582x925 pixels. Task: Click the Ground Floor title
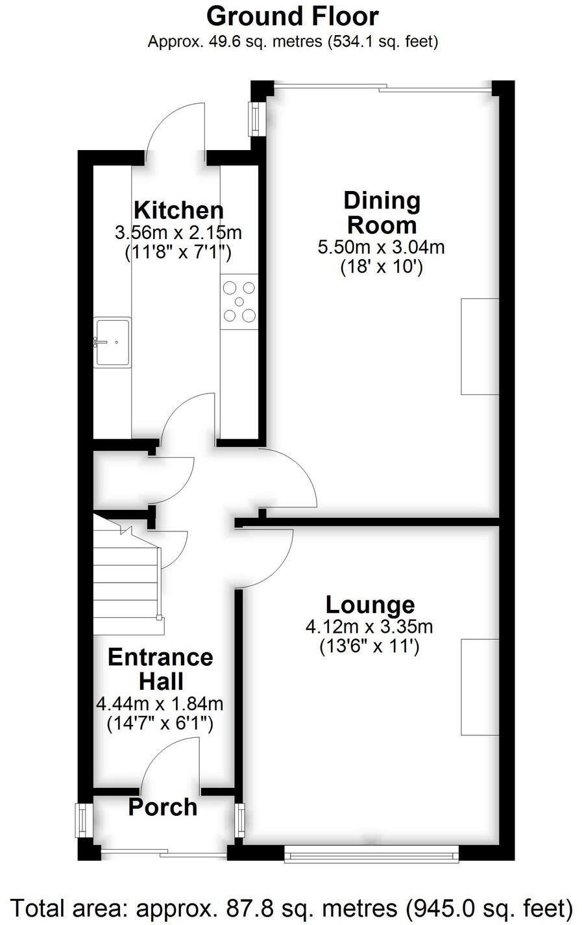coord(293,16)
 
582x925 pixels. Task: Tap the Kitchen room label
coord(178,210)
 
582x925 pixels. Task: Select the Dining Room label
coord(382,212)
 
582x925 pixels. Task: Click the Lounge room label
coord(370,604)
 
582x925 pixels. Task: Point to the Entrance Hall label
coord(160,668)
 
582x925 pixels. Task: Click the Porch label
coord(162,807)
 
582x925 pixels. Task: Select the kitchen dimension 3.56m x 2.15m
coord(178,232)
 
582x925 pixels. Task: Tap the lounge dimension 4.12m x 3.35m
coord(369,626)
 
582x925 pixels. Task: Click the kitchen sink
coord(112,342)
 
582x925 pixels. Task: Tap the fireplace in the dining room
coord(479,346)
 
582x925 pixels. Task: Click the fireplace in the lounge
coord(479,687)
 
